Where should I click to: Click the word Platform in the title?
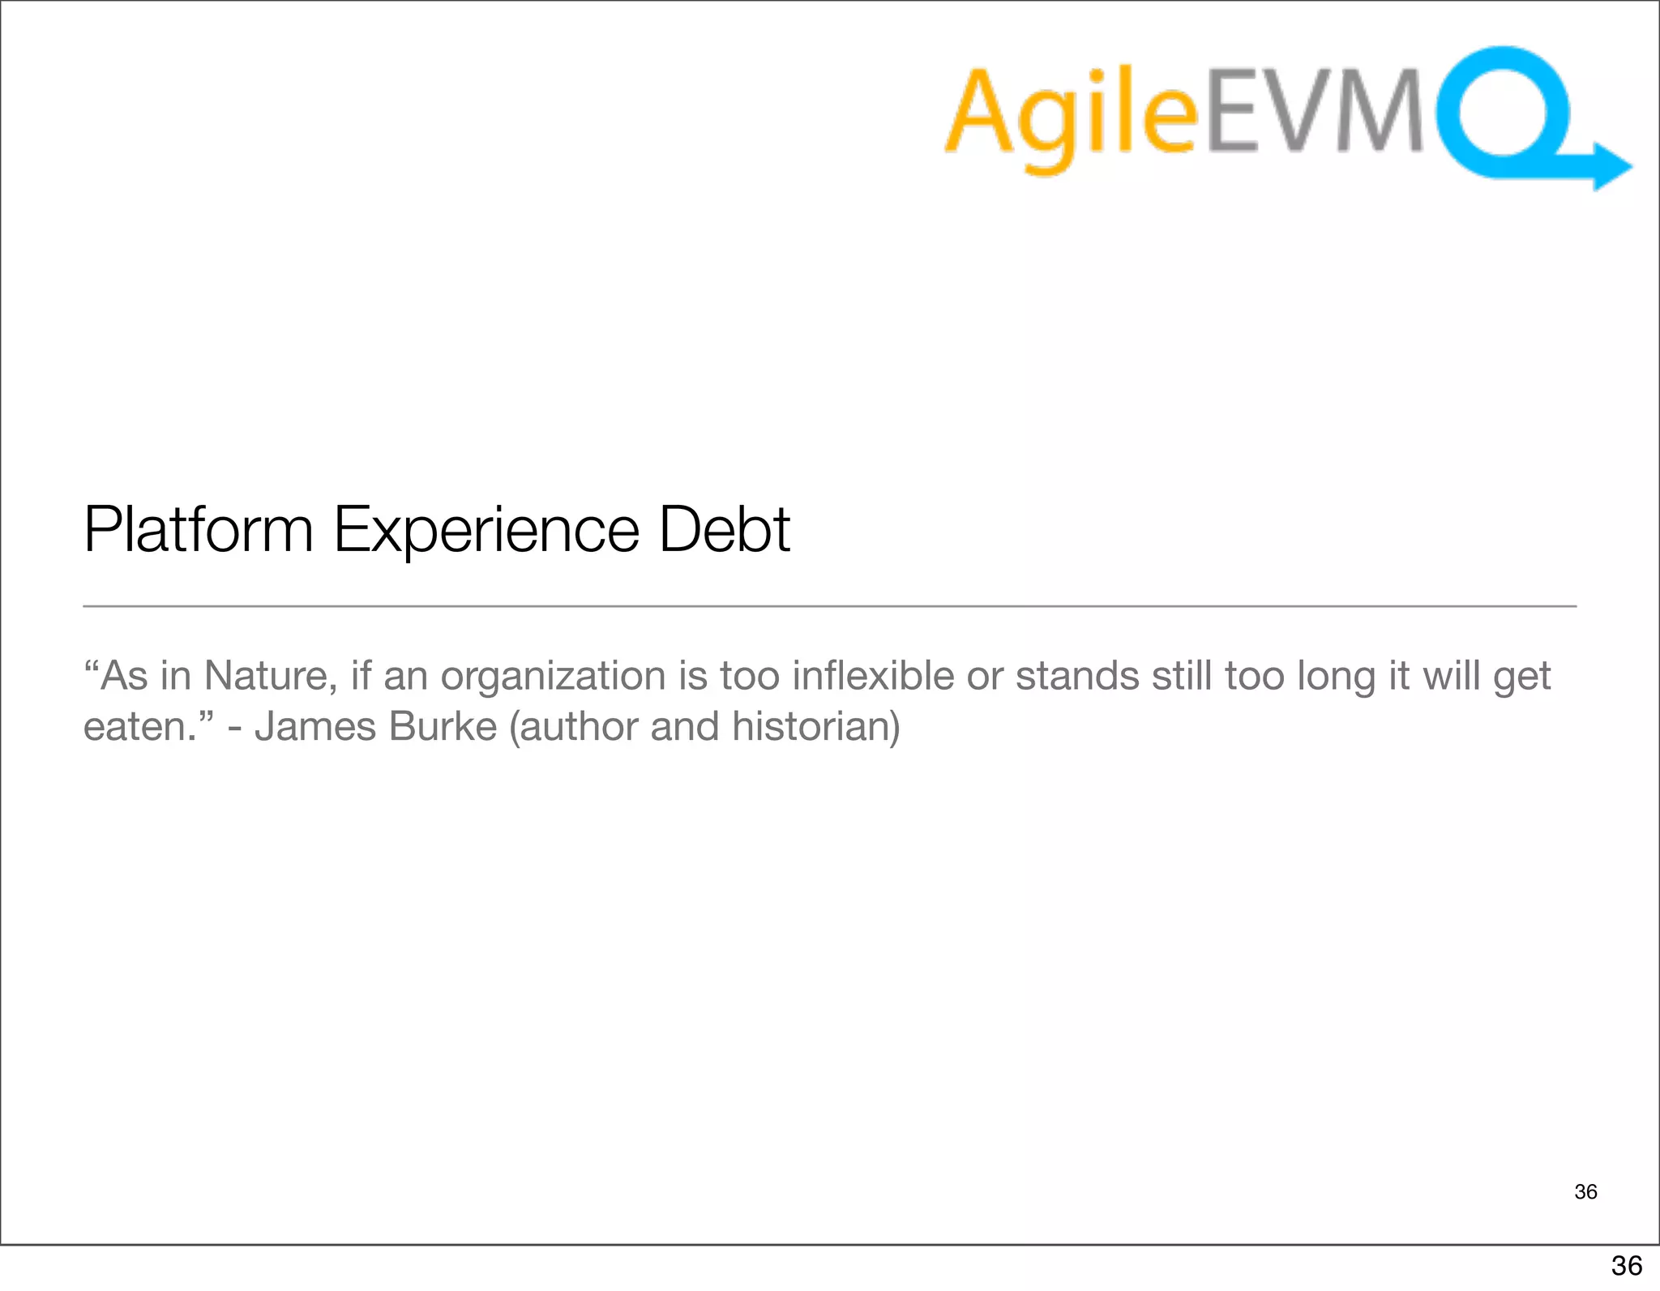pos(198,530)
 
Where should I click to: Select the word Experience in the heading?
pos(486,530)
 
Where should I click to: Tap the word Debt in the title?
pos(724,530)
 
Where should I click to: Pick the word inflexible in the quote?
pos(873,676)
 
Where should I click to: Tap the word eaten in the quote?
pos(135,727)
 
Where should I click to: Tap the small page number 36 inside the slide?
pos(1585,1191)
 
